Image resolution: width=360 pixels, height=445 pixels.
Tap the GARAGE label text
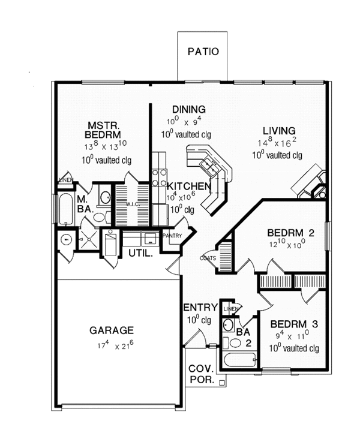(112, 330)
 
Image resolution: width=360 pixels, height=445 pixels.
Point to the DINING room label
(189, 109)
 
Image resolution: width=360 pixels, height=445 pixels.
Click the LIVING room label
(278, 131)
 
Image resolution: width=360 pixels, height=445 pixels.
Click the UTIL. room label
(140, 253)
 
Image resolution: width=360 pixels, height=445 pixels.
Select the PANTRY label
(171, 236)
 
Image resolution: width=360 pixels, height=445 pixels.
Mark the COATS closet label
(208, 258)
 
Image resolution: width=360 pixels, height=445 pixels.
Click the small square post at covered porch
(221, 382)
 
